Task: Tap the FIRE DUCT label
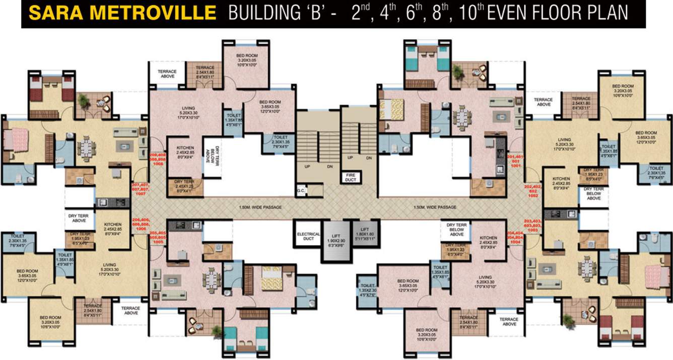pos(350,177)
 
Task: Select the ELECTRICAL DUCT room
pos(308,236)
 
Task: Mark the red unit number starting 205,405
pos(158,237)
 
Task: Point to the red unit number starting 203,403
pos(532,225)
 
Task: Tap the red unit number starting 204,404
pos(514,238)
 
